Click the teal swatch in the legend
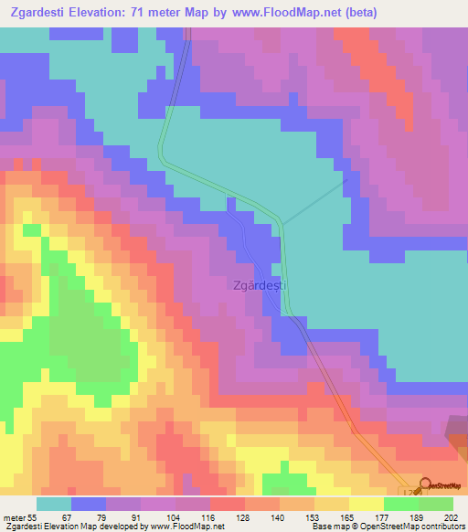click(x=54, y=504)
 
